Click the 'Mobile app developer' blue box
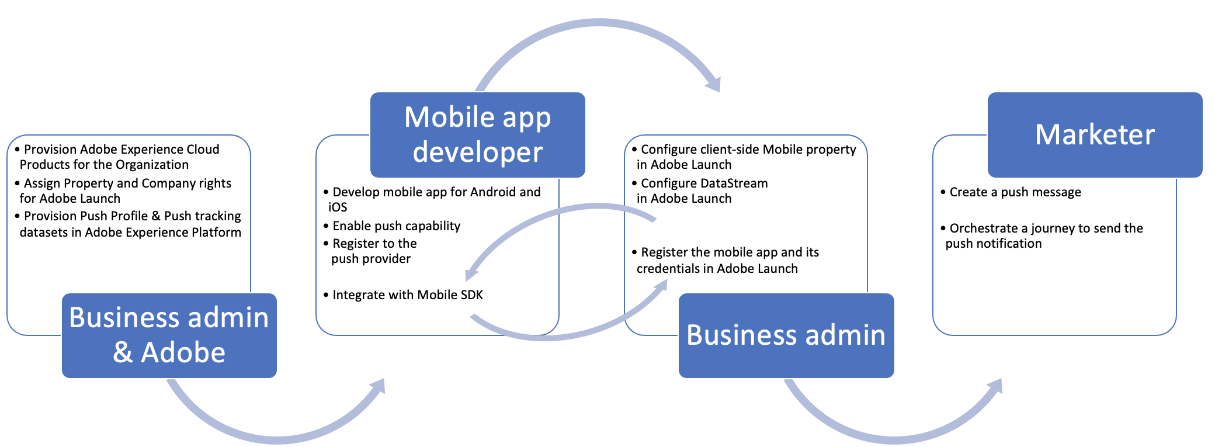[x=477, y=134]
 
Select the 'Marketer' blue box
[x=1095, y=134]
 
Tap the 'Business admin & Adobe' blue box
[x=169, y=335]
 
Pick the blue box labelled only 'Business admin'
[x=786, y=335]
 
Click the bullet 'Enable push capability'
[x=396, y=226]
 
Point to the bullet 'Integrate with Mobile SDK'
[x=407, y=295]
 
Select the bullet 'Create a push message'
[x=1015, y=192]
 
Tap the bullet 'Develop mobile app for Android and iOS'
[x=435, y=199]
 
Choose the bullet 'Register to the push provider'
[x=373, y=251]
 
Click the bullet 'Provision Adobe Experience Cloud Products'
[x=120, y=157]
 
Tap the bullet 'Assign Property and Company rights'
[x=126, y=190]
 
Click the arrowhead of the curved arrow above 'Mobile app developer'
[x=714, y=85]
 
